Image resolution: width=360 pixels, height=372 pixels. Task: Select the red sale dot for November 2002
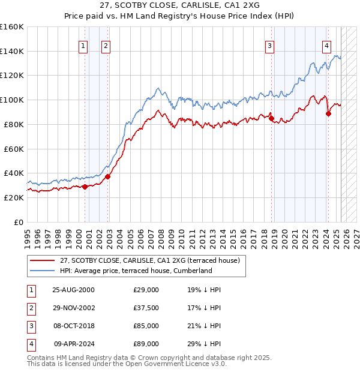(x=108, y=176)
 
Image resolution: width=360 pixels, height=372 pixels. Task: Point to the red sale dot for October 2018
(x=271, y=118)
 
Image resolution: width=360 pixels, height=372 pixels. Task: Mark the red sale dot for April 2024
(x=329, y=113)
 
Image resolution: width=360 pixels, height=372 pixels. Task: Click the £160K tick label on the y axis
(x=12, y=27)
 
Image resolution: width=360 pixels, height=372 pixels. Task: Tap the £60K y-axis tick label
(x=14, y=149)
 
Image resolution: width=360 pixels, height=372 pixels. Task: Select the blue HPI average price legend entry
(x=136, y=271)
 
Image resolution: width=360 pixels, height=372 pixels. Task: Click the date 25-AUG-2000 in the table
(x=73, y=290)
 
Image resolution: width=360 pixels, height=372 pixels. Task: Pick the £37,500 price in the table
(x=146, y=308)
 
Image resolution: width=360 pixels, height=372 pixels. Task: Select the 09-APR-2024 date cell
(x=74, y=344)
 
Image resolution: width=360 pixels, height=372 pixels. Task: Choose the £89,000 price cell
(x=146, y=344)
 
